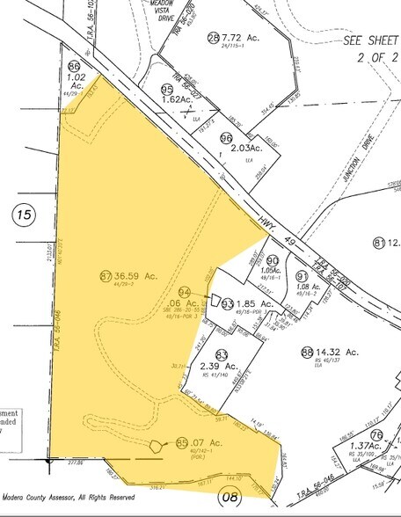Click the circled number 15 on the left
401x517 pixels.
coord(24,214)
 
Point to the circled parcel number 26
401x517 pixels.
coord(212,38)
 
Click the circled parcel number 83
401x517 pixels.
coord(222,353)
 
